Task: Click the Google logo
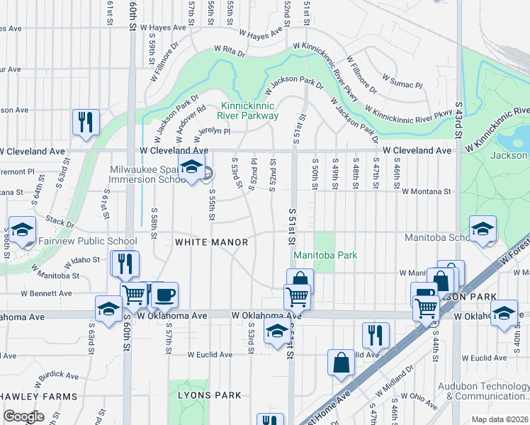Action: coord(23,416)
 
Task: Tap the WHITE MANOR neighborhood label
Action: coord(212,242)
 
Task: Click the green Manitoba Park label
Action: coord(325,255)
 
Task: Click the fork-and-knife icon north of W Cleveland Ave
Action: coord(86,121)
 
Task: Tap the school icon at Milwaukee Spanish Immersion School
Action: coord(191,167)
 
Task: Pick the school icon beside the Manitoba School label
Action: coord(483,228)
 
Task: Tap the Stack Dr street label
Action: coord(60,222)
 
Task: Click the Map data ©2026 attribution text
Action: coord(500,419)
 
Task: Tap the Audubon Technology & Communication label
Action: coord(489,391)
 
